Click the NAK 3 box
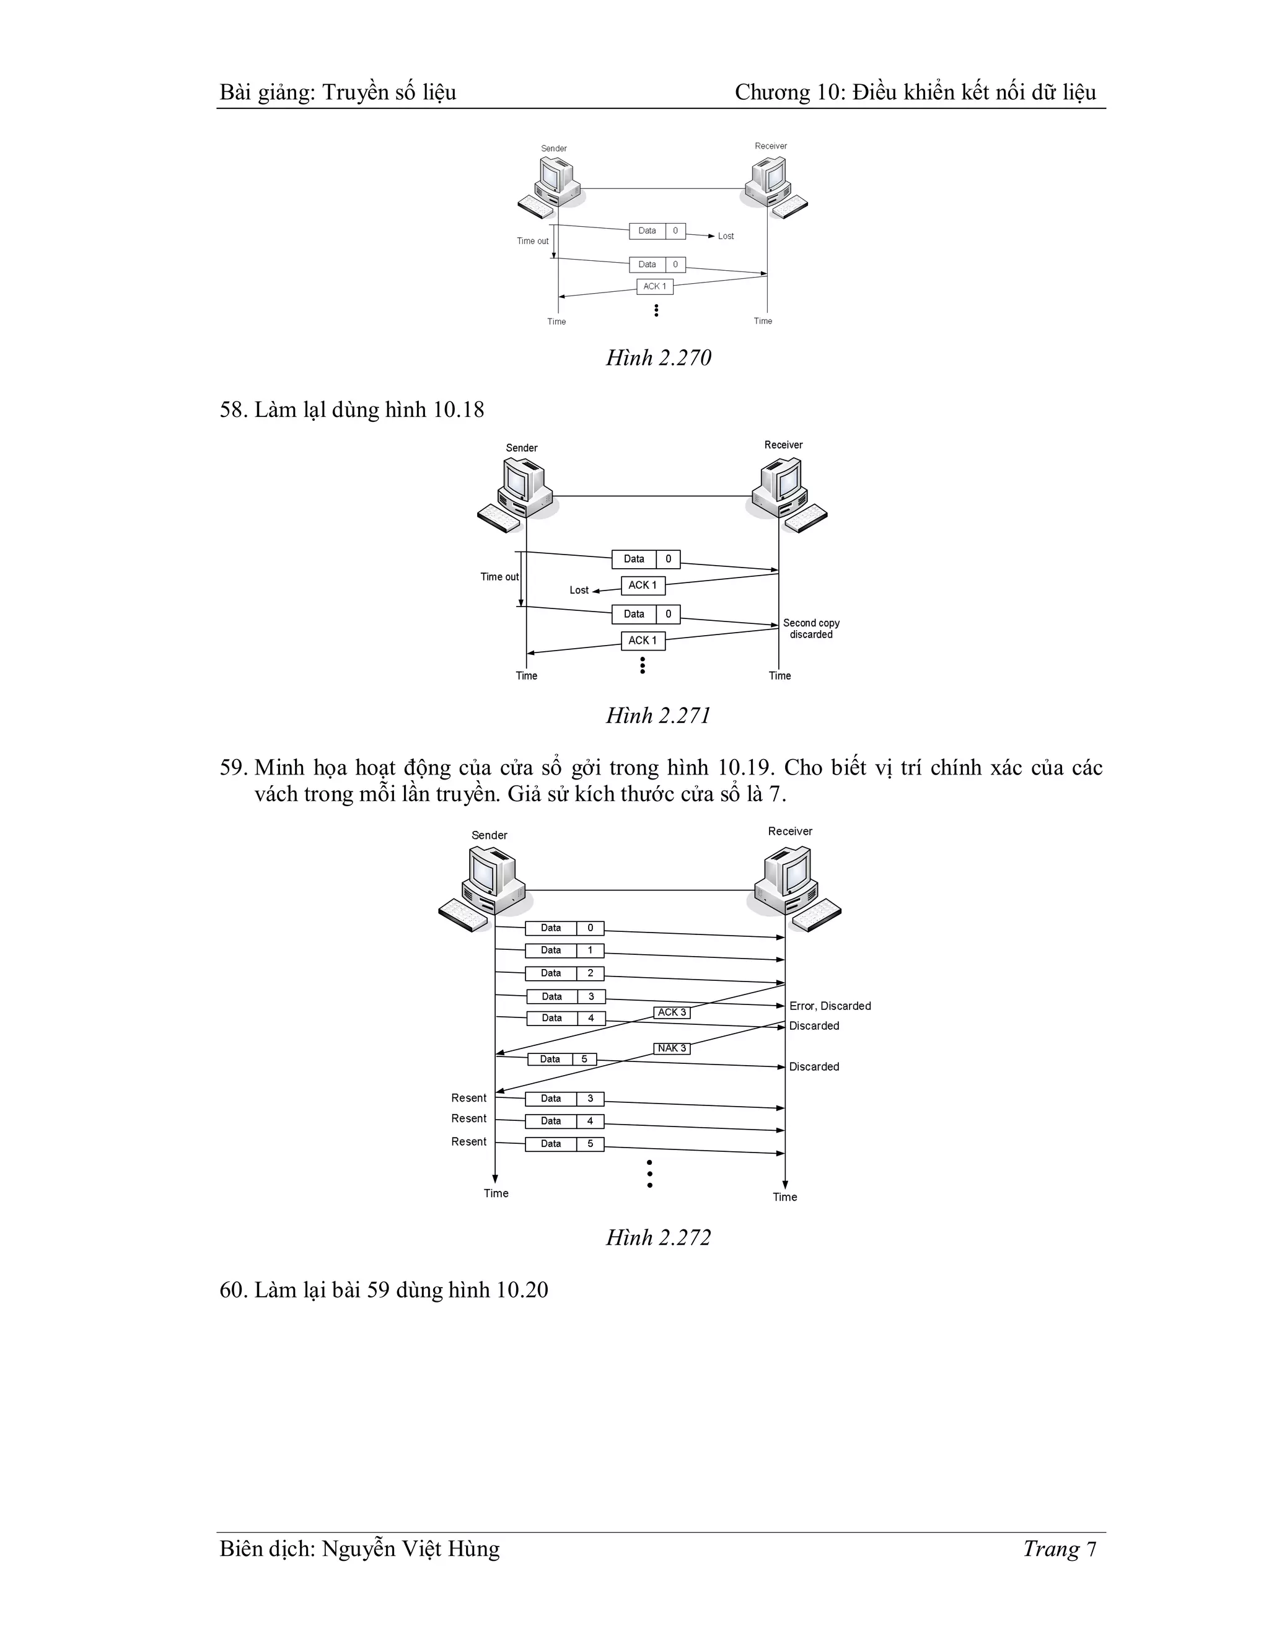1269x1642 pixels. point(671,1048)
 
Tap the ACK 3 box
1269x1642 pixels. point(671,1012)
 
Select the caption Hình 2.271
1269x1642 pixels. point(659,715)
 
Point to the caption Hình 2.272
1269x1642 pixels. point(659,1237)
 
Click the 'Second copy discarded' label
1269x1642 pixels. point(811,628)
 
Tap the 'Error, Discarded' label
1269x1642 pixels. point(830,1006)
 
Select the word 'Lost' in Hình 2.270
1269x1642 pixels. point(726,236)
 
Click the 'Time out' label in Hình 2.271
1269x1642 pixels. point(499,577)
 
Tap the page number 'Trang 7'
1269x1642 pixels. point(1059,1549)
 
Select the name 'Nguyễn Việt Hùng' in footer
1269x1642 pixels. point(410,1549)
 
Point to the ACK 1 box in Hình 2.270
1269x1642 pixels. point(654,286)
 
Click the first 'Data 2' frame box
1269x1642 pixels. point(564,973)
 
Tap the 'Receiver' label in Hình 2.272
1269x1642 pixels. point(789,831)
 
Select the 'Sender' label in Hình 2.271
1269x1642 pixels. point(521,448)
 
